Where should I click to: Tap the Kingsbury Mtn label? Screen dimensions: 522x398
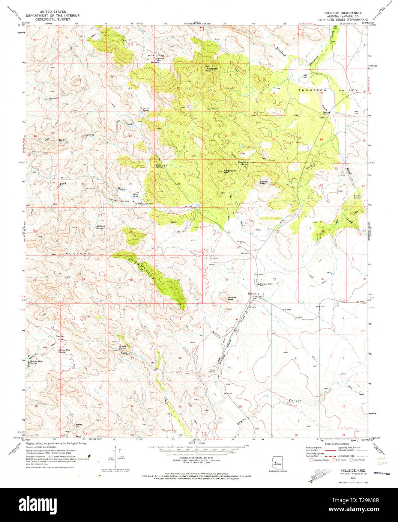click(229, 171)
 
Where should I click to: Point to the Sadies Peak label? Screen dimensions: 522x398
click(263, 182)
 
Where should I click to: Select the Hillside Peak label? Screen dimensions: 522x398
click(233, 298)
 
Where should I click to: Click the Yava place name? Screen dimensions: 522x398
click(321, 118)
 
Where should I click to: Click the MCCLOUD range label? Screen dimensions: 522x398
click(78, 254)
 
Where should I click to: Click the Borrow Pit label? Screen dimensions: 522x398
click(241, 243)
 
